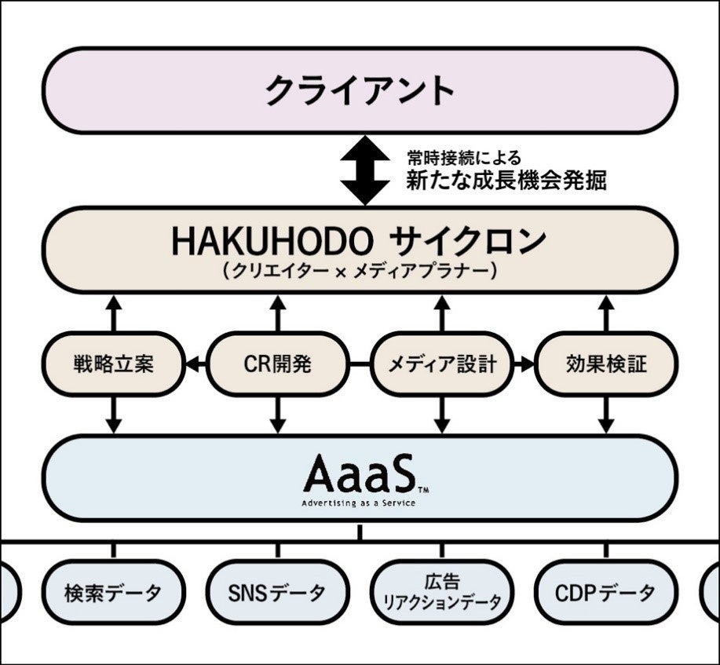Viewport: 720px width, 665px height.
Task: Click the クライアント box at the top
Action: (360, 90)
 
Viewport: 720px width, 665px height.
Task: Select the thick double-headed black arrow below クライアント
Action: (364, 170)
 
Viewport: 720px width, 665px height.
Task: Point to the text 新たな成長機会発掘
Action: (506, 181)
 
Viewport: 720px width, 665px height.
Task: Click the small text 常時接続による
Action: (463, 159)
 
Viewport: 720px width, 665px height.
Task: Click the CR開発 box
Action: (277, 364)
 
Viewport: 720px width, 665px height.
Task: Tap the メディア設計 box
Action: (442, 364)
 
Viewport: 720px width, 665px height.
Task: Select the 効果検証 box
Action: (606, 364)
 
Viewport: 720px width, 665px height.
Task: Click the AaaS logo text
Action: (359, 474)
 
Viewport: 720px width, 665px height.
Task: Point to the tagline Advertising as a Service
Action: (359, 502)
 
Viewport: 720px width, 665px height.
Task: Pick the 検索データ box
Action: (113, 592)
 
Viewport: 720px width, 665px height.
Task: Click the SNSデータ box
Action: (277, 592)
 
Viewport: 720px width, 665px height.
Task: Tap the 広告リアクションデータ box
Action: (442, 592)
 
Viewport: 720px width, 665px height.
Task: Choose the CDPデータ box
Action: (606, 592)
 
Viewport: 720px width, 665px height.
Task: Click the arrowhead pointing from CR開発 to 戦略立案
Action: (191, 364)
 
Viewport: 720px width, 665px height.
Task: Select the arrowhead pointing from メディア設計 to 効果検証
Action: (527, 364)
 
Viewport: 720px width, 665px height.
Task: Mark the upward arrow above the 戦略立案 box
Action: (114, 311)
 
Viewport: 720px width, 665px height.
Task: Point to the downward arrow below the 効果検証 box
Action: (606, 416)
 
